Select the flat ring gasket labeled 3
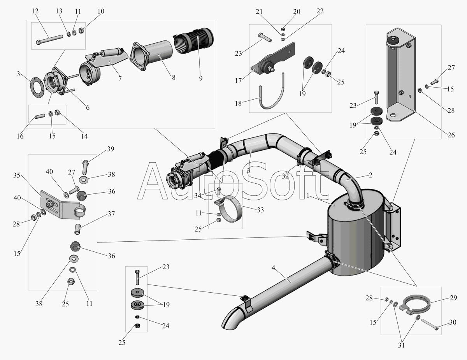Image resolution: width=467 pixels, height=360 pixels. (x=38, y=84)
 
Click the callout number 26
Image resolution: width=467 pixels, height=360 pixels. (x=450, y=135)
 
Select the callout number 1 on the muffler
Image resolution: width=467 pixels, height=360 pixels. (x=308, y=196)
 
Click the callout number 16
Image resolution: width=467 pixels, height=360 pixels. (x=20, y=136)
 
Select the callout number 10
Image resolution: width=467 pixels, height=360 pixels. (x=101, y=11)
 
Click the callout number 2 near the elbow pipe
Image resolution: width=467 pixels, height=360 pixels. (x=370, y=175)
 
